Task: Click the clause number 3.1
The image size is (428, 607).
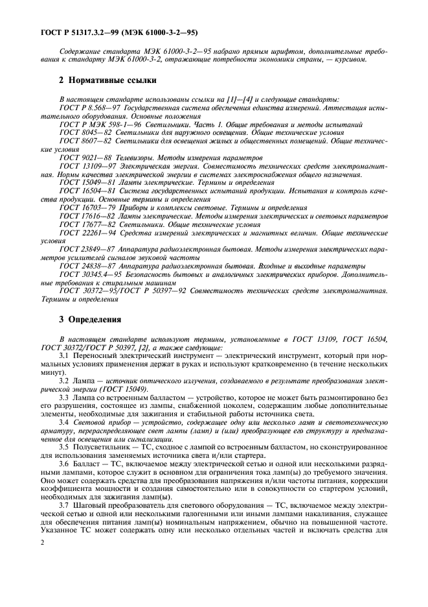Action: (x=63, y=357)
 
